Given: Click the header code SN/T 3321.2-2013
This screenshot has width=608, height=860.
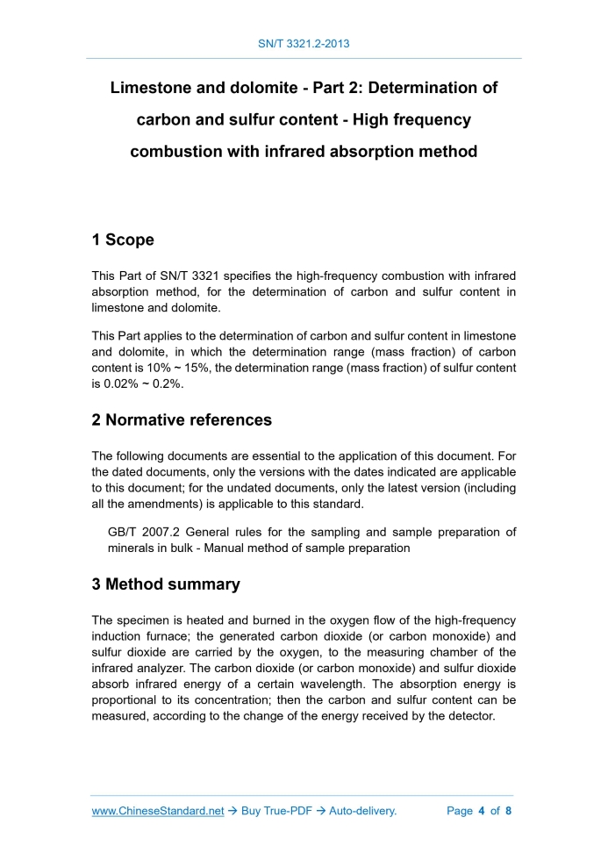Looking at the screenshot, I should pyautogui.click(x=304, y=42).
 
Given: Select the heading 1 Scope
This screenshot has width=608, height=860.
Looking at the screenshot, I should pyautogui.click(x=123, y=240).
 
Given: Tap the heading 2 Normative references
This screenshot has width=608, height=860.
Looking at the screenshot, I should pyautogui.click(x=182, y=419).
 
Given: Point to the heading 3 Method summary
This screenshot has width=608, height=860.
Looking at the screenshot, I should pyautogui.click(x=166, y=584).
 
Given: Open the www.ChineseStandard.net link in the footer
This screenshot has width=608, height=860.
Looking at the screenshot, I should pyautogui.click(x=158, y=811).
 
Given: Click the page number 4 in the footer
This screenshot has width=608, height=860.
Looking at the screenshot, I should pyautogui.click(x=482, y=811).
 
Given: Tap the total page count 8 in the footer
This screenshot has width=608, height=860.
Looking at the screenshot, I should pyautogui.click(x=508, y=811).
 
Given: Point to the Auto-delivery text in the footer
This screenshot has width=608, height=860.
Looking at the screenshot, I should pyautogui.click(x=362, y=811).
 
